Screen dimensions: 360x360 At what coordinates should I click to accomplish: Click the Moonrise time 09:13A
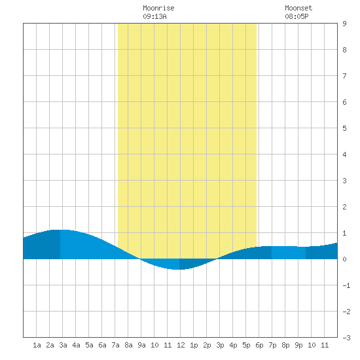[x=154, y=16]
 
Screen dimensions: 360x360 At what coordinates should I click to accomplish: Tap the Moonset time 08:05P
[x=297, y=16]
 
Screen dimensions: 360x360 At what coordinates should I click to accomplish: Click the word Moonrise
[x=158, y=8]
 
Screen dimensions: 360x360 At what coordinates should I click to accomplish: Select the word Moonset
[x=298, y=8]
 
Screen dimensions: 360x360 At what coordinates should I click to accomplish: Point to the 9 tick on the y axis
[x=344, y=24]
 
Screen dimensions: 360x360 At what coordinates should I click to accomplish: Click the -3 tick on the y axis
[x=346, y=338]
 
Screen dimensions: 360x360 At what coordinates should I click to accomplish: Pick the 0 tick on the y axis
[x=344, y=259]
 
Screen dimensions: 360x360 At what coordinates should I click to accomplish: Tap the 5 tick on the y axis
[x=344, y=128]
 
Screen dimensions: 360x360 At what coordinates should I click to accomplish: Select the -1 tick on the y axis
[x=346, y=285]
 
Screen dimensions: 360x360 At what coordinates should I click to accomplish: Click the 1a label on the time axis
[x=37, y=345]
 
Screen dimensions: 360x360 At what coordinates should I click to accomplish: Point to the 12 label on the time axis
[x=181, y=345]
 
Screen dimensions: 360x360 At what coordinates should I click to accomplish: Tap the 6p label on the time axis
[x=259, y=345]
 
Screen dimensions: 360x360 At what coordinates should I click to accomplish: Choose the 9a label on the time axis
[x=141, y=345]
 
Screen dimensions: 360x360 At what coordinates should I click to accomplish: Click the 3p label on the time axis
[x=220, y=345]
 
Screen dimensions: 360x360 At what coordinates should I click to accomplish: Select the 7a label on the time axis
[x=115, y=345]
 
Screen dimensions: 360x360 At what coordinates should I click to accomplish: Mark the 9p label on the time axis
[x=298, y=345]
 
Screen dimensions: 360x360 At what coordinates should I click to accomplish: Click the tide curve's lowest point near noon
[x=179, y=270]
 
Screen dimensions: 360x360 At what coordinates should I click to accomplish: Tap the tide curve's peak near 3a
[x=60, y=230]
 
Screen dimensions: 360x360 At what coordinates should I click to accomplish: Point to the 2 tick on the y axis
[x=344, y=207]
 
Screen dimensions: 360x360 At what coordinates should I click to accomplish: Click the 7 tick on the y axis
[x=344, y=76]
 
